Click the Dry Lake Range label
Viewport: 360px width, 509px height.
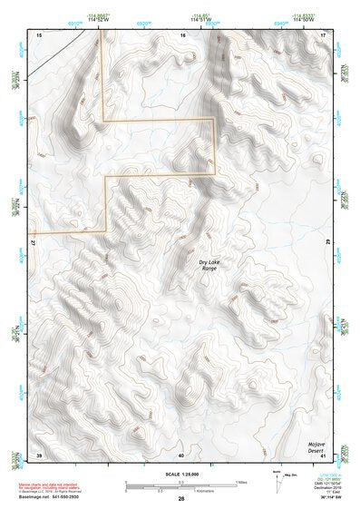209,266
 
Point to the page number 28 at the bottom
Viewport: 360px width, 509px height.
181,500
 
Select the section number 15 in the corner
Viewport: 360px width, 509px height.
37,34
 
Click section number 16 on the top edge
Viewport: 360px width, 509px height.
181,34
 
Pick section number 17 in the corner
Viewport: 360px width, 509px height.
324,34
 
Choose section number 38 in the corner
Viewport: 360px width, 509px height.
38,455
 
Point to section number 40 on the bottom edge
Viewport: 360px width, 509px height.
181,455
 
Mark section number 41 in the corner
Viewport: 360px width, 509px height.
324,455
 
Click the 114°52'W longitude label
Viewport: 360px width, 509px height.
99,20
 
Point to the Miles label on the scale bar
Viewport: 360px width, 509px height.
241,482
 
